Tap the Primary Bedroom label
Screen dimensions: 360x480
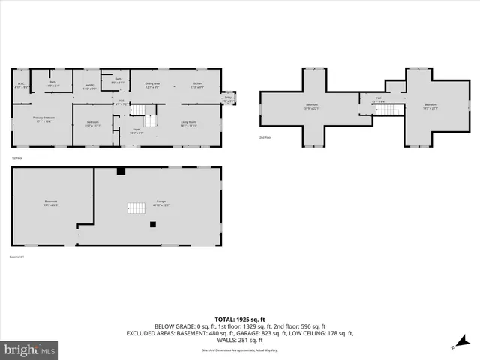click(42, 119)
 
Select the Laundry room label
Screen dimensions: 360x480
click(89, 86)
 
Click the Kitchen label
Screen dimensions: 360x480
click(196, 85)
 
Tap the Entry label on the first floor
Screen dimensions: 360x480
click(228, 97)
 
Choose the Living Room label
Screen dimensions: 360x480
click(188, 123)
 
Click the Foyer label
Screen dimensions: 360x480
click(136, 131)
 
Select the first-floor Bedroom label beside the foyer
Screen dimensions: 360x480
click(92, 123)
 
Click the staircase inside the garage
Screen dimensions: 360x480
click(136, 208)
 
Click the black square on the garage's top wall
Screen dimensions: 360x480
click(121, 171)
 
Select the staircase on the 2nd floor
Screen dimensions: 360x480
click(385, 109)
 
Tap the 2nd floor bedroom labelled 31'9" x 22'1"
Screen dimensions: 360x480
click(312, 106)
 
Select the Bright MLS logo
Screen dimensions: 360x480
click(30, 349)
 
